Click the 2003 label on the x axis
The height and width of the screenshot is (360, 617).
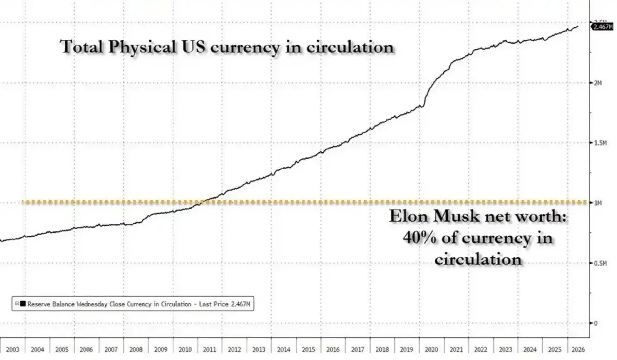coord(12,349)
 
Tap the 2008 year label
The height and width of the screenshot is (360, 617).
coord(136,349)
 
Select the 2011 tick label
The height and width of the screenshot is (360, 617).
coord(209,349)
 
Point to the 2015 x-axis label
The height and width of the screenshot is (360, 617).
coord(308,349)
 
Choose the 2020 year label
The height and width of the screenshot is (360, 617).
coord(431,349)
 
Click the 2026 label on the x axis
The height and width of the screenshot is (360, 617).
coord(578,349)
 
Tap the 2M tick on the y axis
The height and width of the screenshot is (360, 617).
coord(598,83)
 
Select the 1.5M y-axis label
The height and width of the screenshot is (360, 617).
coord(600,143)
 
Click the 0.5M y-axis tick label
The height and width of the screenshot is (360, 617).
coord(600,263)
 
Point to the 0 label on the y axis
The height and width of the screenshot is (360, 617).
coord(596,323)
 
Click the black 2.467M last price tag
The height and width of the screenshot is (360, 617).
coord(603,27)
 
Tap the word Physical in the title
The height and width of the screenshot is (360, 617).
coord(142,47)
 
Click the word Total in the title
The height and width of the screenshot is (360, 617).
coord(82,46)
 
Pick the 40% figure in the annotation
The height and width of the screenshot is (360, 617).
coord(419,238)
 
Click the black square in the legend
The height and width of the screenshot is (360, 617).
coord(23,304)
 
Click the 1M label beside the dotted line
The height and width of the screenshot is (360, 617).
coord(598,203)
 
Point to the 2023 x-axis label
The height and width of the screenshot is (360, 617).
coord(505,349)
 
